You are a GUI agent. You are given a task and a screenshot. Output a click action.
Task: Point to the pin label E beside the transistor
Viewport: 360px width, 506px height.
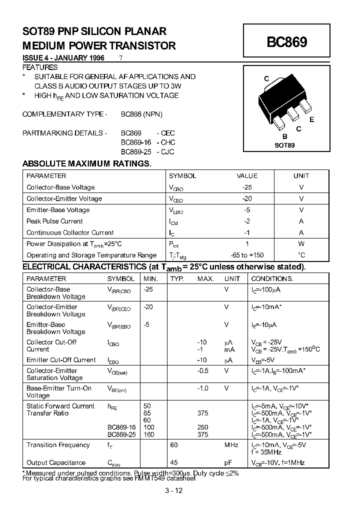(312, 119)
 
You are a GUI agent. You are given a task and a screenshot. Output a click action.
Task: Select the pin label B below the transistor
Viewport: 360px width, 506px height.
(284, 136)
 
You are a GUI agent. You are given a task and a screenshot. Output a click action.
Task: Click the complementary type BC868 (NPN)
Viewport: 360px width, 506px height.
(141, 114)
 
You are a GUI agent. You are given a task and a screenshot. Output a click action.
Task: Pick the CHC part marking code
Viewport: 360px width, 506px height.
(167, 142)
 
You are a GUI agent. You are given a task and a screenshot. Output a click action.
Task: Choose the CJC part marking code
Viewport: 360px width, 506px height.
(167, 151)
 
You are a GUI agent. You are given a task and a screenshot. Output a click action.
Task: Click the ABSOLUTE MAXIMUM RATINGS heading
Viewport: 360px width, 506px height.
(86, 164)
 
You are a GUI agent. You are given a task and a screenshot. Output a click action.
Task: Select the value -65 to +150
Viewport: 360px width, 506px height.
(247, 255)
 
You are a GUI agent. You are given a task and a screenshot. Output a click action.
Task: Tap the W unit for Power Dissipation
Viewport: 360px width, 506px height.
(301, 244)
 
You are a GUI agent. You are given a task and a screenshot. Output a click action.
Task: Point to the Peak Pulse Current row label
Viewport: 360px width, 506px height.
(54, 221)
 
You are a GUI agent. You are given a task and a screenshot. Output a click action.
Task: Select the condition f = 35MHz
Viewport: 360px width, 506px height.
(266, 452)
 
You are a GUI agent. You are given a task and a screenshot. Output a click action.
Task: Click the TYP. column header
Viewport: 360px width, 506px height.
(177, 278)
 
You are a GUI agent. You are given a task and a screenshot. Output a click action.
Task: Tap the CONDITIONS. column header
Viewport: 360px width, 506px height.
(272, 278)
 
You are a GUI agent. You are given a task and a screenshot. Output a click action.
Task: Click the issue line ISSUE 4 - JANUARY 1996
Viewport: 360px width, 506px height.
(63, 58)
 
